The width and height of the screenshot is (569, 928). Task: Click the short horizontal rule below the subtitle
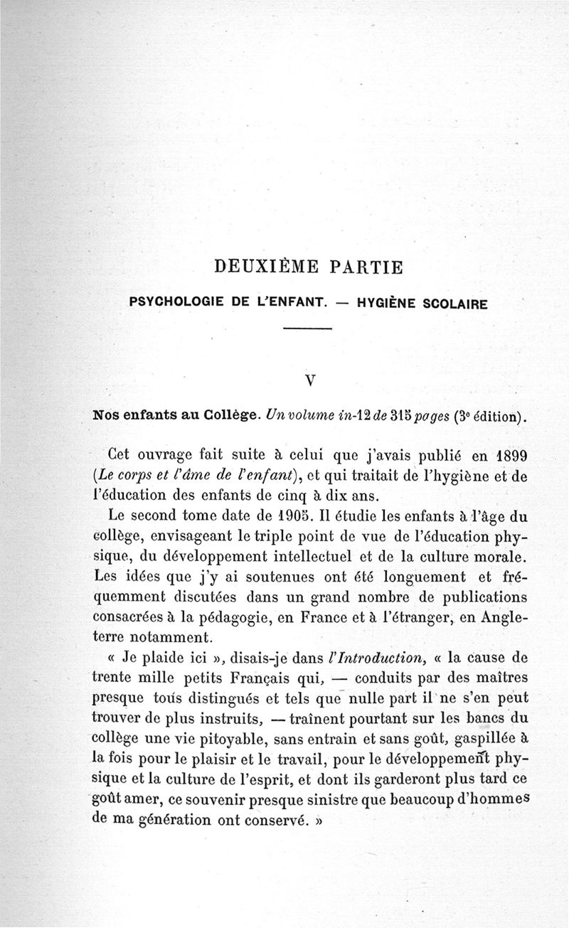tap(308, 329)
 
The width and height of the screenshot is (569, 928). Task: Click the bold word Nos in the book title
tap(107, 415)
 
